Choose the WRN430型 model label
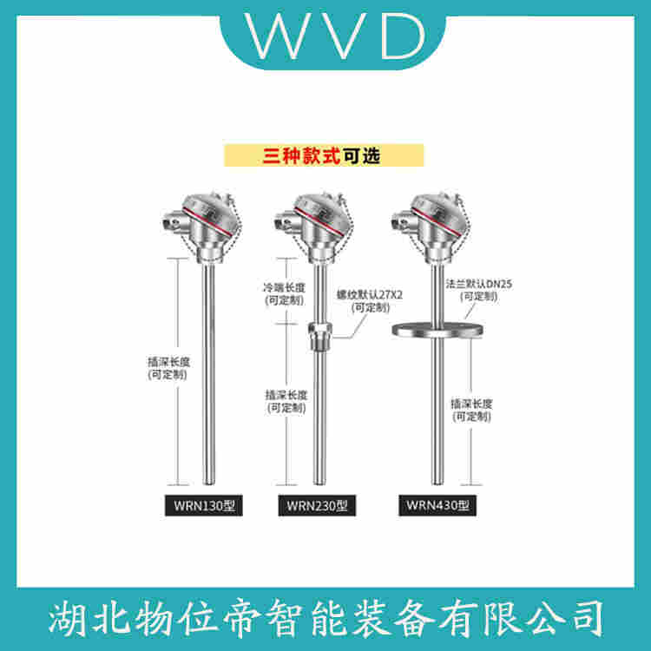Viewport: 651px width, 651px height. pos(434,505)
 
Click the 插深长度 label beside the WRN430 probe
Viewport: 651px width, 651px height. pos(471,410)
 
